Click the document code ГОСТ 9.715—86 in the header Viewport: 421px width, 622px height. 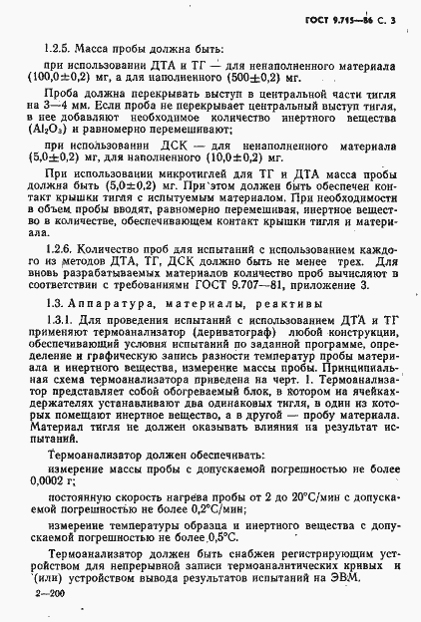tap(343, 20)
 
